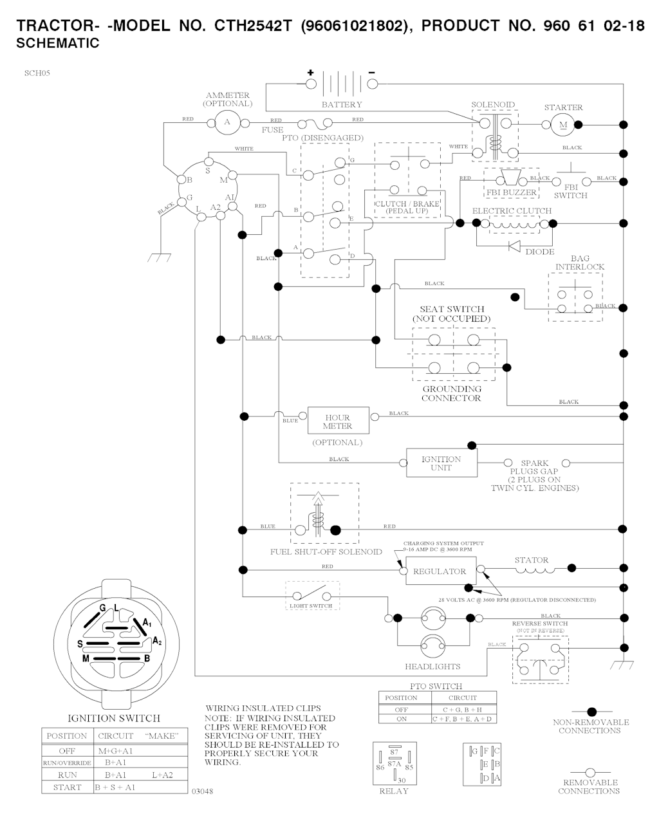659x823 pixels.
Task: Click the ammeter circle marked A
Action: (x=226, y=122)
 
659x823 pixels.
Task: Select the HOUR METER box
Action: (x=338, y=422)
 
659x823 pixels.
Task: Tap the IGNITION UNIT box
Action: (x=441, y=463)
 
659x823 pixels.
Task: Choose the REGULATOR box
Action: (x=440, y=571)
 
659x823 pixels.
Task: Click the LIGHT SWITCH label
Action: (x=311, y=606)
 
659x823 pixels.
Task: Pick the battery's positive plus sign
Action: (x=310, y=72)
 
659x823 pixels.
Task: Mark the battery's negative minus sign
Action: (x=371, y=72)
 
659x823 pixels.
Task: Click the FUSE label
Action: (x=272, y=130)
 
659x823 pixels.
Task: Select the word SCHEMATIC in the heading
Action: (x=58, y=44)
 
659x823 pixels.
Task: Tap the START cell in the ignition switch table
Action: (x=67, y=787)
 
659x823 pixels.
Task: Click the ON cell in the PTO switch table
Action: (x=401, y=719)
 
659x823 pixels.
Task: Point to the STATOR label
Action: (x=531, y=560)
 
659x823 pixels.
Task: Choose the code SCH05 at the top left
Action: (x=37, y=73)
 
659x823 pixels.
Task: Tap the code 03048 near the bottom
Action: (x=202, y=791)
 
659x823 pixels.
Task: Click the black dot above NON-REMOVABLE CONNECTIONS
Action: (x=591, y=712)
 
